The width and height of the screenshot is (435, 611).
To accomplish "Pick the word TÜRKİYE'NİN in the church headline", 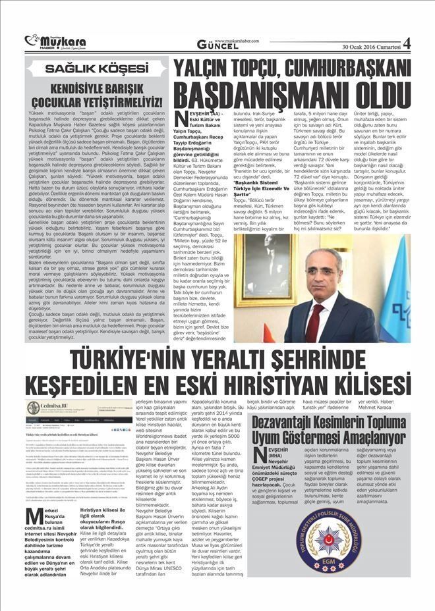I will (x=125, y=360).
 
